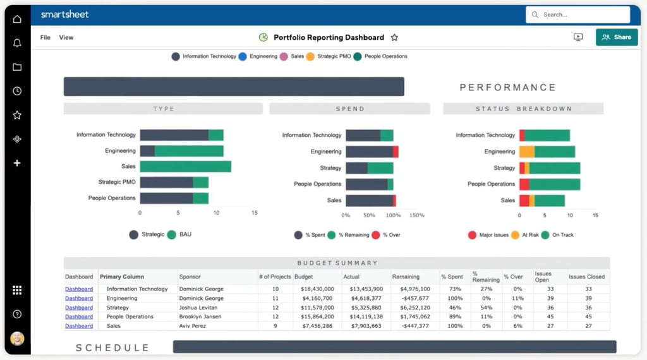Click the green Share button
click(x=616, y=37)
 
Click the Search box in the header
click(x=577, y=15)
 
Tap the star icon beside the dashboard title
click(x=394, y=38)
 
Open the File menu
click(x=45, y=38)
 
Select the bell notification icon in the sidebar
click(x=17, y=43)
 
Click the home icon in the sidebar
click(x=17, y=19)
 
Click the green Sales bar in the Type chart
click(x=185, y=167)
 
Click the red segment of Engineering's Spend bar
click(x=396, y=152)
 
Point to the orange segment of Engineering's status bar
click(x=526, y=152)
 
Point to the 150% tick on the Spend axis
click(x=417, y=215)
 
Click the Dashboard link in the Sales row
click(x=79, y=326)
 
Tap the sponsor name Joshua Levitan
click(x=199, y=308)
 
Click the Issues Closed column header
click(x=586, y=277)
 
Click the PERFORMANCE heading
click(x=507, y=88)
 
